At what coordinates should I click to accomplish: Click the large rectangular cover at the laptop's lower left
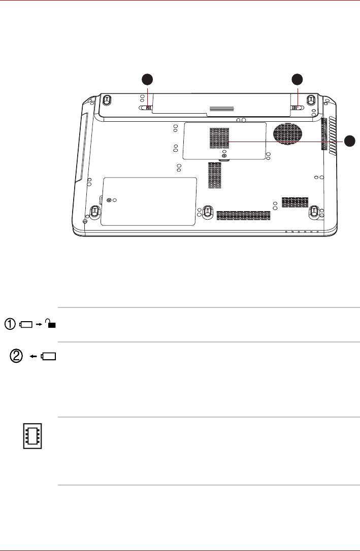[x=148, y=201]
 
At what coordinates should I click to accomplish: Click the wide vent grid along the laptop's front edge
[x=243, y=216]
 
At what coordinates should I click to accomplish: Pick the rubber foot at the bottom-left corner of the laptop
[x=94, y=211]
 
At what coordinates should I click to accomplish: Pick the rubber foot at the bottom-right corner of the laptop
[x=315, y=211]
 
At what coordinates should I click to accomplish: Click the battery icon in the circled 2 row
[x=49, y=357]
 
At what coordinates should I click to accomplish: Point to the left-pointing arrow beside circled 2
[x=34, y=357]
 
